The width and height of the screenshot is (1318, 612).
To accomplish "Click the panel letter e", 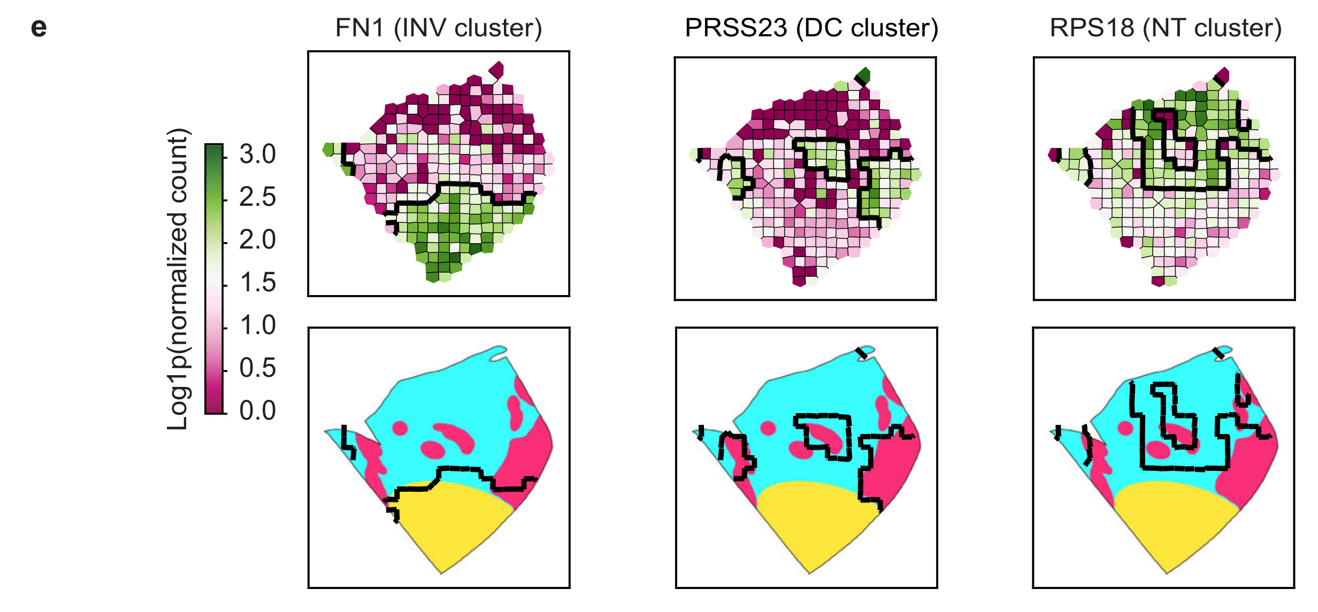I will click(39, 28).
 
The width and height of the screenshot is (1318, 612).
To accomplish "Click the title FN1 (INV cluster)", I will click(439, 28).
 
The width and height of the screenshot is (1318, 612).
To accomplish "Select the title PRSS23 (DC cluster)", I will click(811, 28).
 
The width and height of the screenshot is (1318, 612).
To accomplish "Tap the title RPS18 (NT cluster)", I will click(1166, 28).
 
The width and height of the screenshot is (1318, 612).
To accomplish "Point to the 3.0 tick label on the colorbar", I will click(257, 154).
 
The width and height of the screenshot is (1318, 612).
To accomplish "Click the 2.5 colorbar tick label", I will click(257, 197).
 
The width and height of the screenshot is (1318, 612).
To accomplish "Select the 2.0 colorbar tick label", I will click(257, 240).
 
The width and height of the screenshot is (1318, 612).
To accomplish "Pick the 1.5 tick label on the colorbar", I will click(257, 283).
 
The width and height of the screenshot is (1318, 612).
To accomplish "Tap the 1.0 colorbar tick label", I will click(257, 326).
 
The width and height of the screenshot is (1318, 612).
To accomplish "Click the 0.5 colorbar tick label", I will click(257, 368).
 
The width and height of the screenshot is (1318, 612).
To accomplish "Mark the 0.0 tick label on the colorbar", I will click(257, 411).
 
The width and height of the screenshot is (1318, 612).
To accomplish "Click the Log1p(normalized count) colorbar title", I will click(178, 279).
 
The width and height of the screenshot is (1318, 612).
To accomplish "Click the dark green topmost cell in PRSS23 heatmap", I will click(863, 75).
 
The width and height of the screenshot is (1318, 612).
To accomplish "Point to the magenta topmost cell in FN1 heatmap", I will click(496, 69).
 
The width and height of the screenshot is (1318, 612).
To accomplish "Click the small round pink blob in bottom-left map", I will click(400, 428).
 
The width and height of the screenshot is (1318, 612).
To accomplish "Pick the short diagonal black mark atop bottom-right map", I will click(1218, 353).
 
